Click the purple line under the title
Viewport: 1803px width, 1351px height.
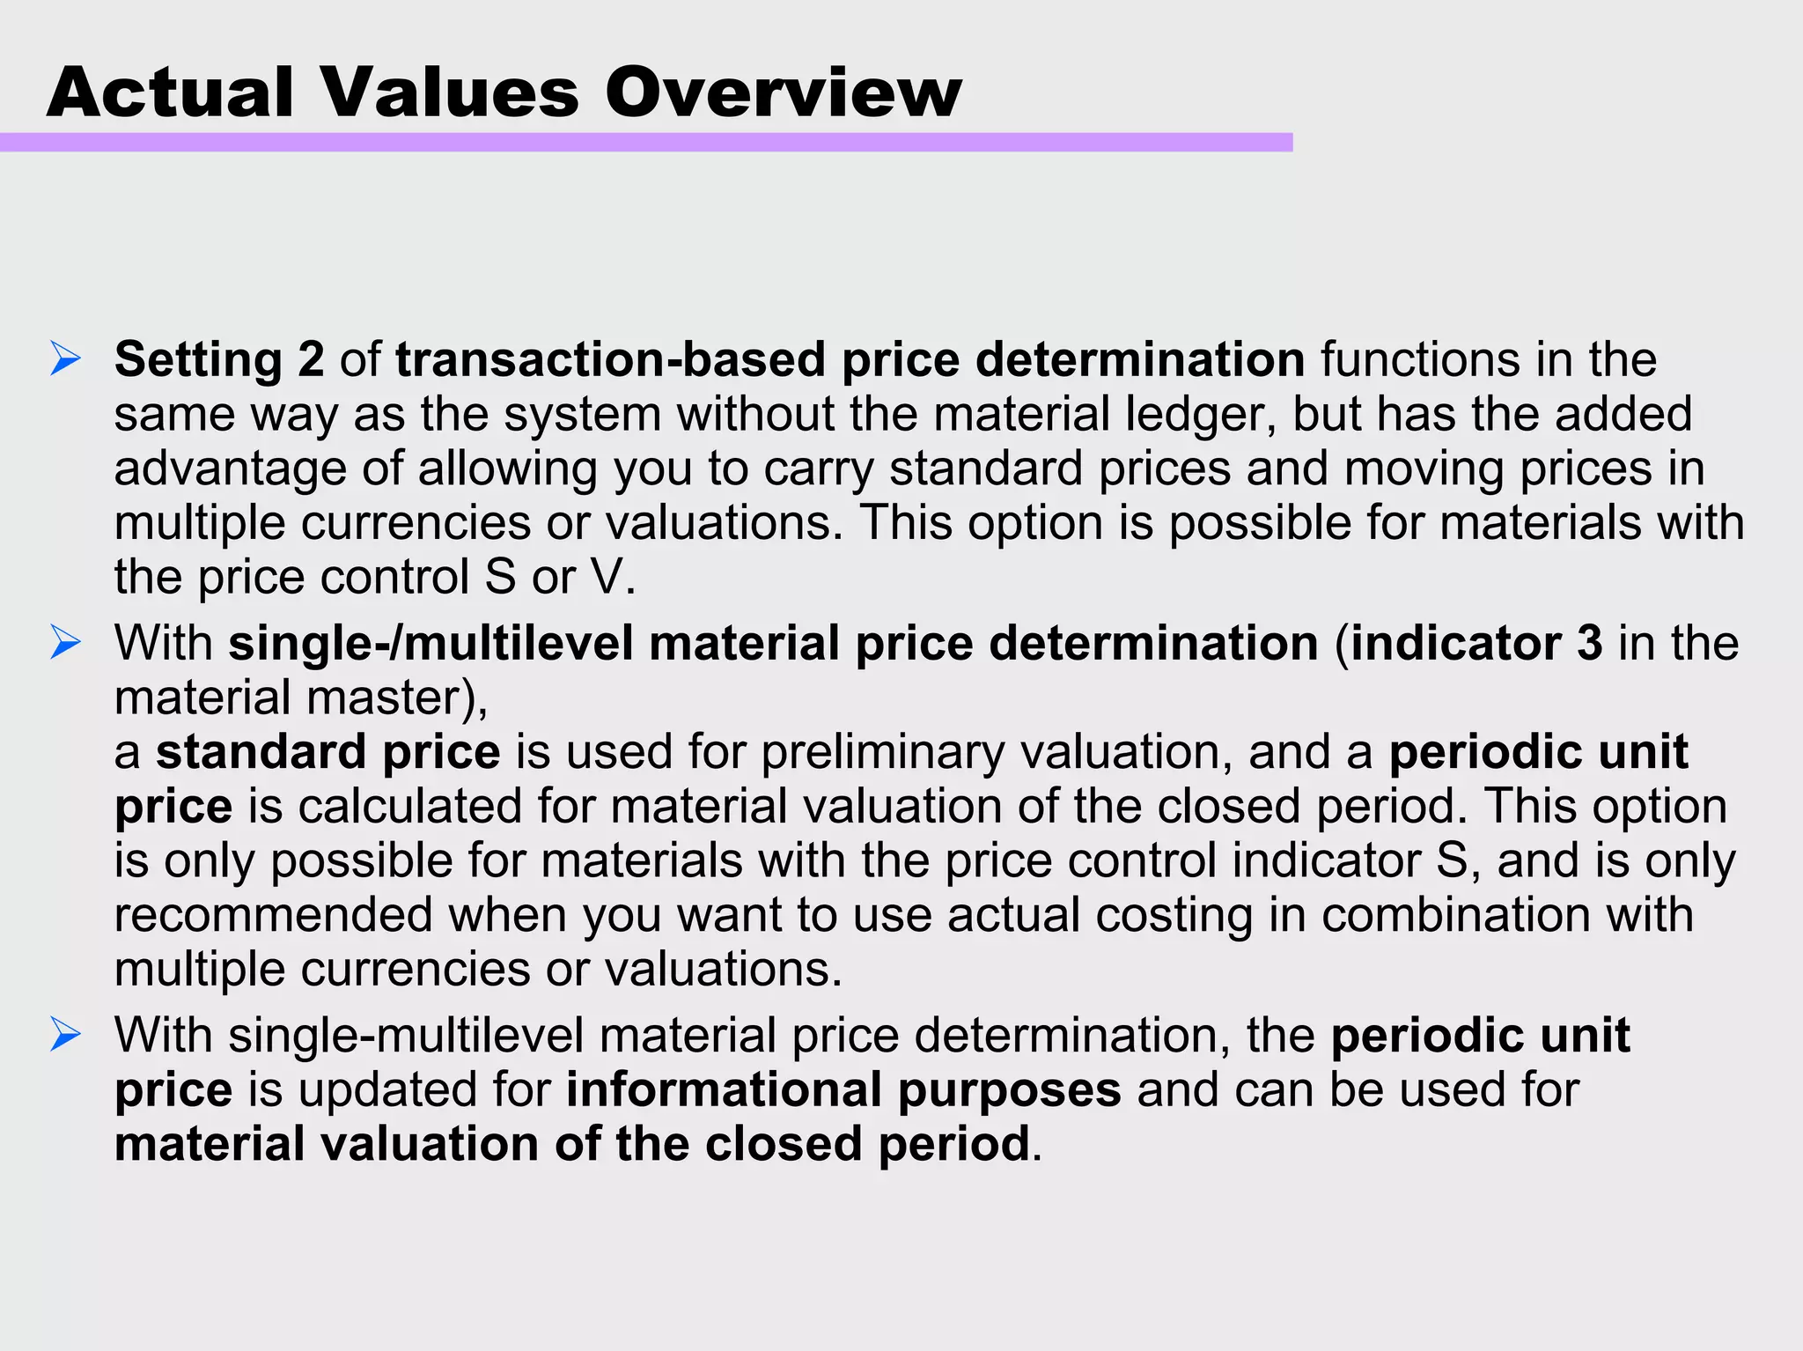click(x=645, y=143)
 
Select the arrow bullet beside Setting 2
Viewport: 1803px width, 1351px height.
click(x=66, y=359)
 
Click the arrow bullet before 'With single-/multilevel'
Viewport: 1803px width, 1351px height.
click(x=66, y=643)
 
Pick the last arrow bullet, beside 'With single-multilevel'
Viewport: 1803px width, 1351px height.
click(x=66, y=1035)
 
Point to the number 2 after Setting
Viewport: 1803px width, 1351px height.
click(x=311, y=360)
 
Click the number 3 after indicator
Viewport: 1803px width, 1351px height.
click(x=1589, y=643)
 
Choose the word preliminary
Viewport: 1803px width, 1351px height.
click(x=881, y=752)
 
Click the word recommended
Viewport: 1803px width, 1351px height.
click(x=274, y=915)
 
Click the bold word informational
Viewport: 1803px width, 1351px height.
click(x=724, y=1089)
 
